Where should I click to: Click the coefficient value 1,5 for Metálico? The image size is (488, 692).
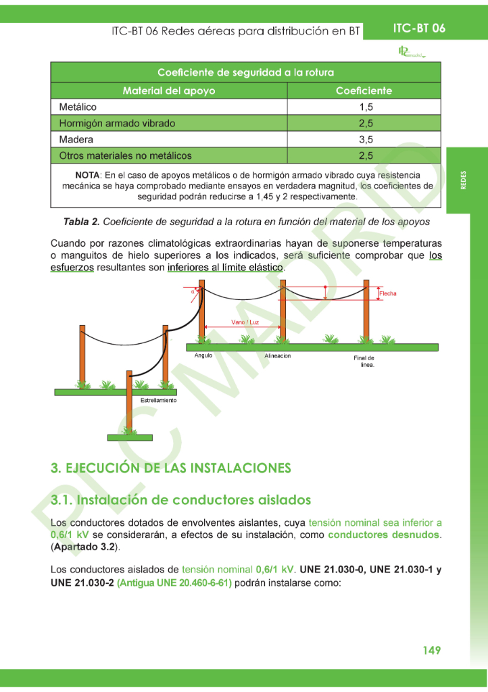366,107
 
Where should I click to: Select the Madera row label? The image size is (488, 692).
76,139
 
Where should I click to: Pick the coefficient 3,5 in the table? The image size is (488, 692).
366,139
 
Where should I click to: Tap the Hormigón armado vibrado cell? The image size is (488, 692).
117,123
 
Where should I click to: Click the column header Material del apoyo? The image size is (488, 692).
169,91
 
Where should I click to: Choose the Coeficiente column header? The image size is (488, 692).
364,91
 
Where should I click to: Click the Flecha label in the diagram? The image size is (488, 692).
388,293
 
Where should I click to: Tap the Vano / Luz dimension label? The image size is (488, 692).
245,322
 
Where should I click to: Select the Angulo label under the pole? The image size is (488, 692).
203,355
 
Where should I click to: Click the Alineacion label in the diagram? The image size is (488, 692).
278,355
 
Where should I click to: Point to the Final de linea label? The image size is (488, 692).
364,361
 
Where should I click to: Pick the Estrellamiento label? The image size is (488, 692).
158,400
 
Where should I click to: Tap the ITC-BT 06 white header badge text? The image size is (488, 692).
419,28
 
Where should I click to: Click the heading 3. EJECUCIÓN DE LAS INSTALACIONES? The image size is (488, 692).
171,468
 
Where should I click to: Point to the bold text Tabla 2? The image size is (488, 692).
81,222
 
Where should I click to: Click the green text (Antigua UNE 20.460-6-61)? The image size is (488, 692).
174,583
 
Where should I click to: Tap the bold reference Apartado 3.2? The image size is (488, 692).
84,546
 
